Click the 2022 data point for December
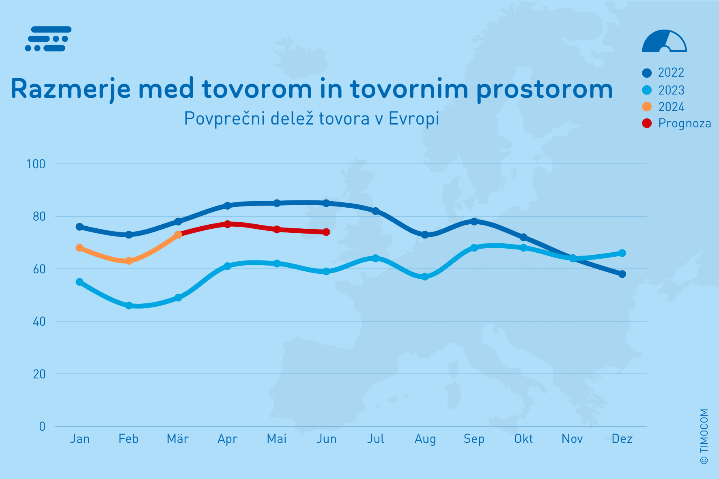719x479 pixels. click(622, 274)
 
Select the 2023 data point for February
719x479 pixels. click(129, 305)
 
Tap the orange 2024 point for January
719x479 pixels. click(80, 248)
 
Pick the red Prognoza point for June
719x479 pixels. click(326, 232)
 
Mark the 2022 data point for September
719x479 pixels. click(474, 221)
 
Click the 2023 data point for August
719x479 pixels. click(425, 277)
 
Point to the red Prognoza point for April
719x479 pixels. click(227, 224)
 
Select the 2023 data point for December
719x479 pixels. click(622, 253)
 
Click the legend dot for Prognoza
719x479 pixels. click(647, 123)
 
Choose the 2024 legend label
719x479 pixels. click(671, 107)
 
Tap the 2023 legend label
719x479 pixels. click(671, 90)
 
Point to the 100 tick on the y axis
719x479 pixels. click(36, 164)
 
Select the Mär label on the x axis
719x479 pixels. click(178, 439)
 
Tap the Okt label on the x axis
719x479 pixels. click(523, 439)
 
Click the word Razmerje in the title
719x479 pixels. click(71, 89)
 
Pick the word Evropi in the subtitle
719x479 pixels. click(414, 118)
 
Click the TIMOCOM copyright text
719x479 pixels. click(704, 436)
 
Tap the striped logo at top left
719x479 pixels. click(48, 39)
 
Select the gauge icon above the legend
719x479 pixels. click(664, 41)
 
